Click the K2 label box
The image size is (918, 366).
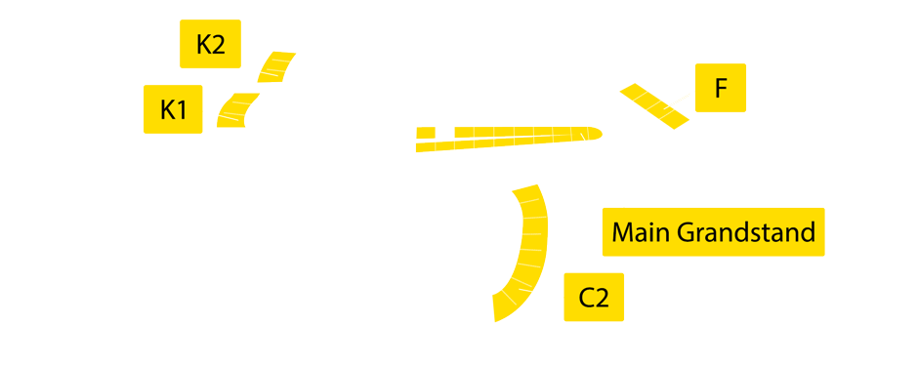coord(210,44)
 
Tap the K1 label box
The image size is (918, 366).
coord(173,109)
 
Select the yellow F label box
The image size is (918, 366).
coord(721,88)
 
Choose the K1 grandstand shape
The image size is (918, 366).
coord(236,109)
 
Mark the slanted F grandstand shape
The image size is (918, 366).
coord(653,104)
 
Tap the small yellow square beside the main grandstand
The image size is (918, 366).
coord(426,132)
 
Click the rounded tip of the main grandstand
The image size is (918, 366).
coord(596,133)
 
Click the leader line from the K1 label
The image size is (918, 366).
coord(210,114)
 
